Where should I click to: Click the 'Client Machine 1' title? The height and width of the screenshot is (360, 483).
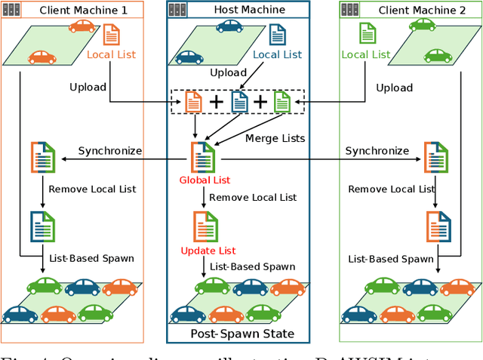83,11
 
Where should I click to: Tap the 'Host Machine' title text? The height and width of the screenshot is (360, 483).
249,10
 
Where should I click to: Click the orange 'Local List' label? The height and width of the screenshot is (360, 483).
111,55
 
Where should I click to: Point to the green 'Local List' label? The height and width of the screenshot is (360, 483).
366,54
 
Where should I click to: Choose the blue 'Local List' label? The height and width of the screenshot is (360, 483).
277,54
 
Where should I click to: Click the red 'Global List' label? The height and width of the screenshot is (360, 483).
205,180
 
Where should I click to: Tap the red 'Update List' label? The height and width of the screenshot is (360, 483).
208,251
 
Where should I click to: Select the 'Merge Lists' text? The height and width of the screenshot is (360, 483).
275,138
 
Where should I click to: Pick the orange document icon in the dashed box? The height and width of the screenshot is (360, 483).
194,101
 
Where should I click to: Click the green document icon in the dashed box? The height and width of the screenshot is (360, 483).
281,101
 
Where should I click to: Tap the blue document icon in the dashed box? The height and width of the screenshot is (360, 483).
238,101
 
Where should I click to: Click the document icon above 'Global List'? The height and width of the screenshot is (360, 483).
204,157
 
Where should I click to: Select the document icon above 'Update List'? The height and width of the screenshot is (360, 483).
205,226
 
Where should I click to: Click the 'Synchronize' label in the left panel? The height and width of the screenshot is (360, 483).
110,151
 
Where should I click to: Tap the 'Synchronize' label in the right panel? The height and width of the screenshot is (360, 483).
377,151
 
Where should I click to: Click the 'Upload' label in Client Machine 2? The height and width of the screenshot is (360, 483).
394,88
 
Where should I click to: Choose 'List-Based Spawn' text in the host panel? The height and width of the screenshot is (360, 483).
252,266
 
